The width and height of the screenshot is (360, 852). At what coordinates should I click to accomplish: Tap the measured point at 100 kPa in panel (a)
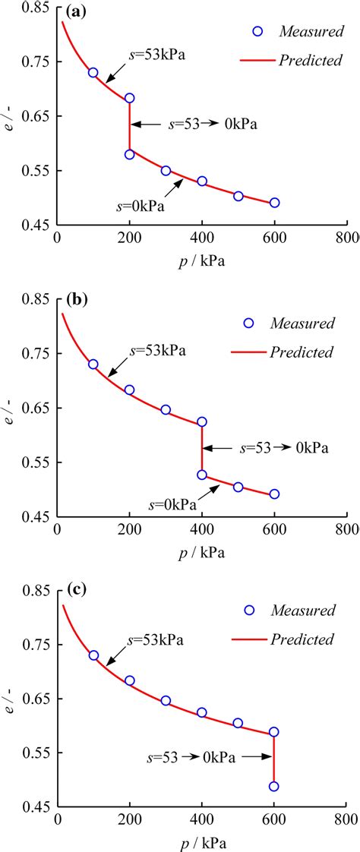[93, 73]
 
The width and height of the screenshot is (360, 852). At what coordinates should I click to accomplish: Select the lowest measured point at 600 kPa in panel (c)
[273, 786]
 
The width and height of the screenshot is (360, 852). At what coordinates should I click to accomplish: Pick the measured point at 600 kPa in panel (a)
[274, 203]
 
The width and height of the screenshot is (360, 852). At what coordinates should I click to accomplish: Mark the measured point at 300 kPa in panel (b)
[166, 410]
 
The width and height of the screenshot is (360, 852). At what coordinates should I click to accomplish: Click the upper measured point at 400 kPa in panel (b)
[202, 421]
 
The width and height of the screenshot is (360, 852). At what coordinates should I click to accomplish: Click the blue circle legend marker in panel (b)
[248, 323]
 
